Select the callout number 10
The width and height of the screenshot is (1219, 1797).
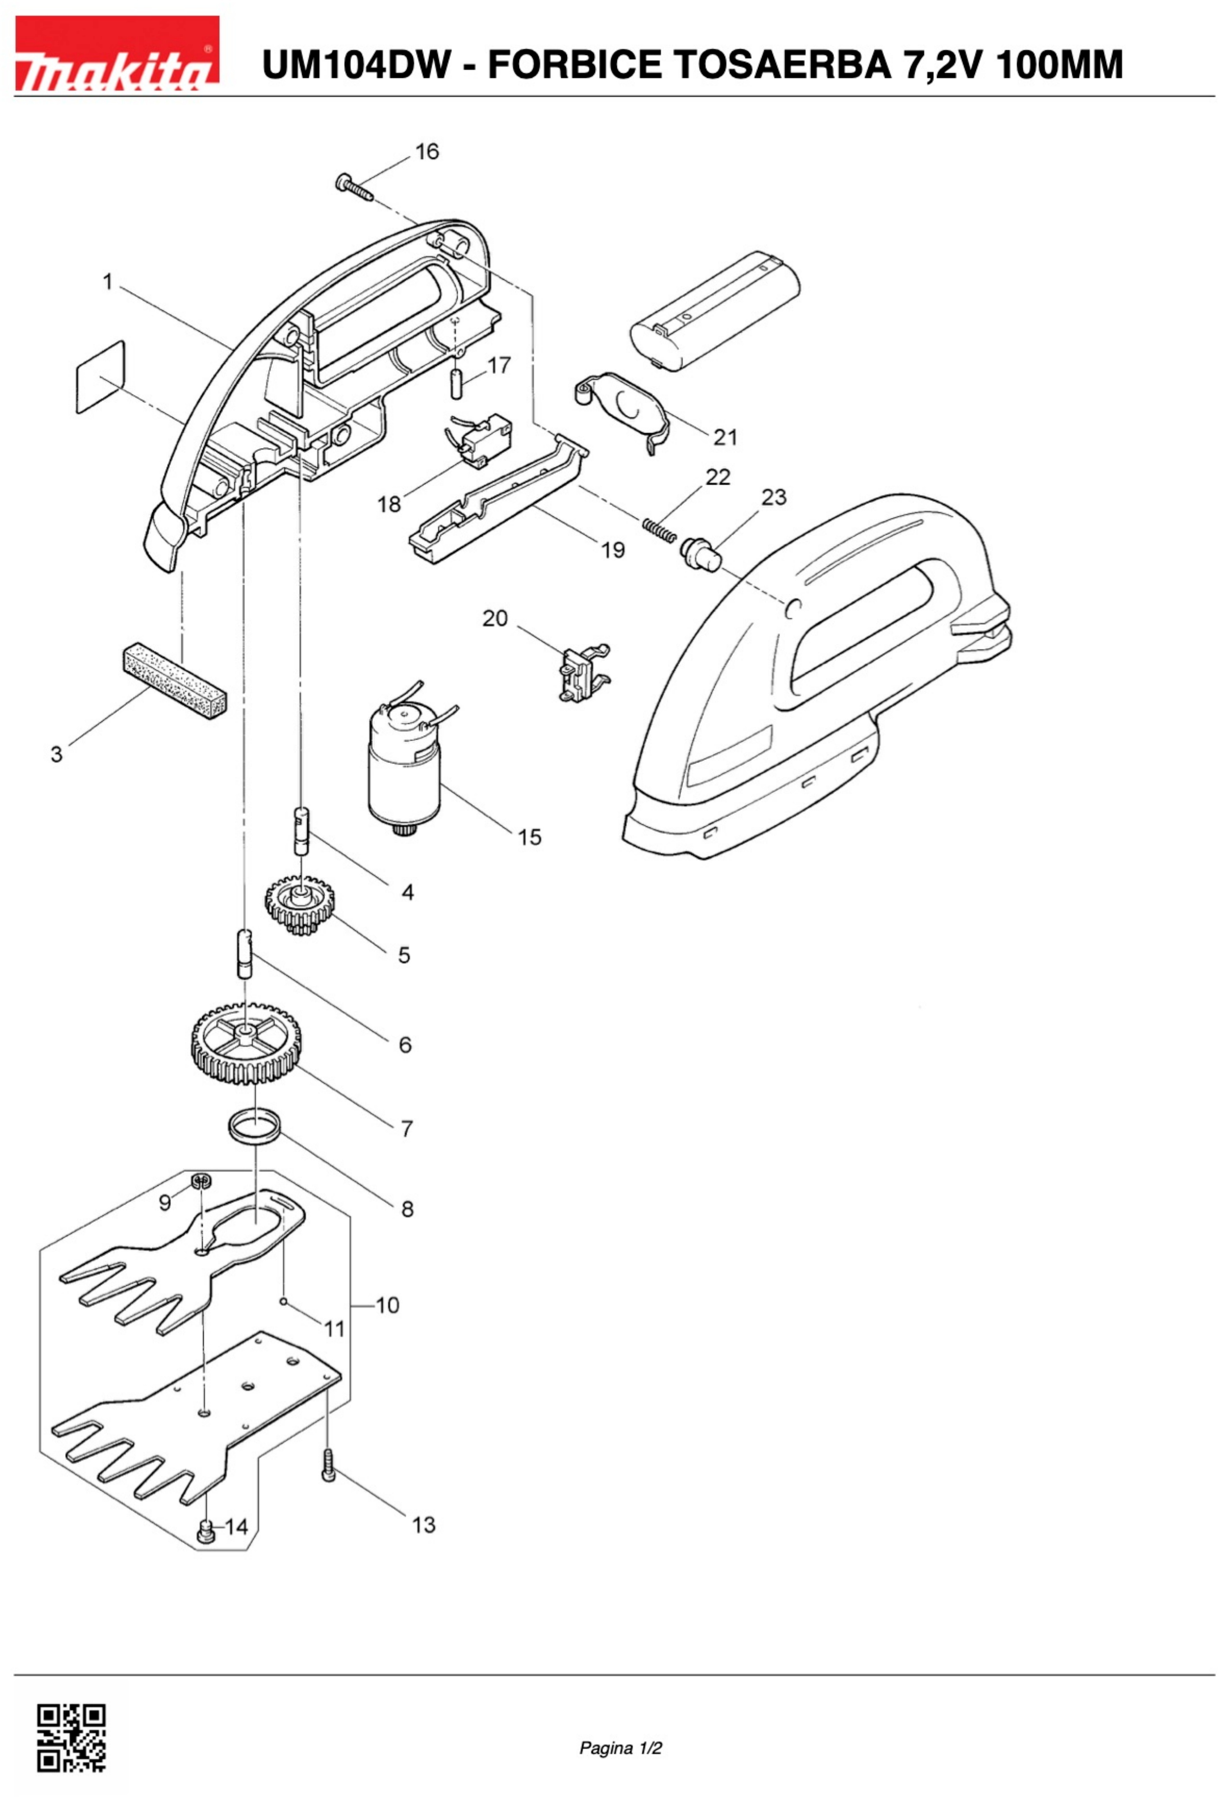[x=387, y=1305]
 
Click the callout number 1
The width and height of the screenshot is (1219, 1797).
[x=107, y=282]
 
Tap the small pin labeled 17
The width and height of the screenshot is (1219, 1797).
[x=456, y=383]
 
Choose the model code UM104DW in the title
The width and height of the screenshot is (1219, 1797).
[x=356, y=65]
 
